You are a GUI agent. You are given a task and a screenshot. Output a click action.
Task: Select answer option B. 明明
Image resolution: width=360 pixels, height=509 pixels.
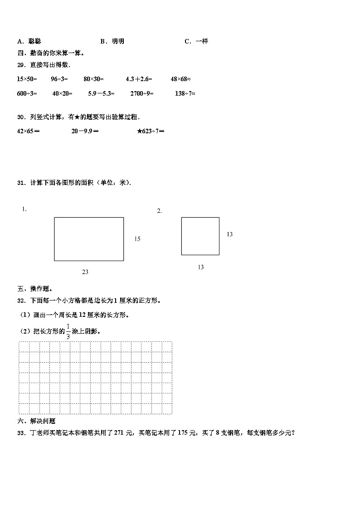[x=112, y=41]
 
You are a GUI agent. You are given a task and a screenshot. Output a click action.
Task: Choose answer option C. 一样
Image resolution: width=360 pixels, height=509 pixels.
[x=196, y=41]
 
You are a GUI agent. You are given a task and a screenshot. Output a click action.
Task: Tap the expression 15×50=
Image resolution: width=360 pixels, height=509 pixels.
[x=27, y=79]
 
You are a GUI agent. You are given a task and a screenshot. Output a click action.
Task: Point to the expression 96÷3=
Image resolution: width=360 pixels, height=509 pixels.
[x=59, y=79]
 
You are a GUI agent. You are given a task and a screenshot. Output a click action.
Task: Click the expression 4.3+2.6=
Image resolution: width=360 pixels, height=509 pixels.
[x=139, y=79]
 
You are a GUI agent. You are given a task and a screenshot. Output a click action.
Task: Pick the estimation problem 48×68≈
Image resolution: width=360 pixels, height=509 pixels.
[x=180, y=79]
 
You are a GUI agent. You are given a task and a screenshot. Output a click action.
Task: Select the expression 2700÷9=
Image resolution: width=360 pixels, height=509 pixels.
[x=142, y=93]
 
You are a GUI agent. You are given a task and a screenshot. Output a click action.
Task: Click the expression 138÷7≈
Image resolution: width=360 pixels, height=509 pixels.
[x=185, y=93]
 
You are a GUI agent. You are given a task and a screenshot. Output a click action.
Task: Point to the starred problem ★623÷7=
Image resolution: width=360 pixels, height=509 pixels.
[x=151, y=131]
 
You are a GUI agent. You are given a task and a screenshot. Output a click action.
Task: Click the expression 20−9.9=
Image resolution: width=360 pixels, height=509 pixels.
[x=85, y=131]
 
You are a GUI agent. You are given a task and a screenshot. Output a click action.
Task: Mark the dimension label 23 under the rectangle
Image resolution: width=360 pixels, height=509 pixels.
[x=85, y=272]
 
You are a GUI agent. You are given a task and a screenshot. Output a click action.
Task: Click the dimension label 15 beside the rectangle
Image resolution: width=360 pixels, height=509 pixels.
[x=137, y=239]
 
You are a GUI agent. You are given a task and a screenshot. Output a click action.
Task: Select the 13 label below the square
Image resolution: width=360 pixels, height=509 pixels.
[x=200, y=267]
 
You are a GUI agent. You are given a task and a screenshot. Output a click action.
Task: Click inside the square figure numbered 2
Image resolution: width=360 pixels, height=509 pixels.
[x=200, y=236]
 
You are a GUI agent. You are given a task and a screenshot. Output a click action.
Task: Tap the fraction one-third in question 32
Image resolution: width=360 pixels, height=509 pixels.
[x=68, y=331]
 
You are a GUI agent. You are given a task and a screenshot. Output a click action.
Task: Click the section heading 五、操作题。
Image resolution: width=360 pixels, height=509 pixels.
[x=35, y=289]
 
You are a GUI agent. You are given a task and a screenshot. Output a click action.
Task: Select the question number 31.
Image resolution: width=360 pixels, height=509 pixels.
[x=21, y=183]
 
